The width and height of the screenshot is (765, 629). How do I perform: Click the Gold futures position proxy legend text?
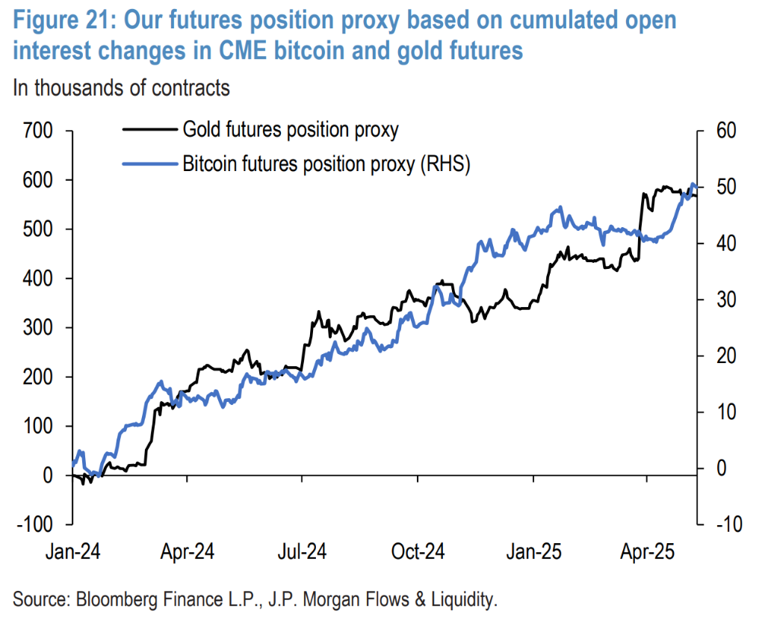(291, 130)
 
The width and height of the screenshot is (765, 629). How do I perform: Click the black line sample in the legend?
(149, 130)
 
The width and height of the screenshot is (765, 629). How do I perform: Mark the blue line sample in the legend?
(149, 164)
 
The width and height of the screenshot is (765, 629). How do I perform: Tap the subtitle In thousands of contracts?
(121, 87)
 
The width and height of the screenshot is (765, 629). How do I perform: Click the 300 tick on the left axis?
(37, 327)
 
